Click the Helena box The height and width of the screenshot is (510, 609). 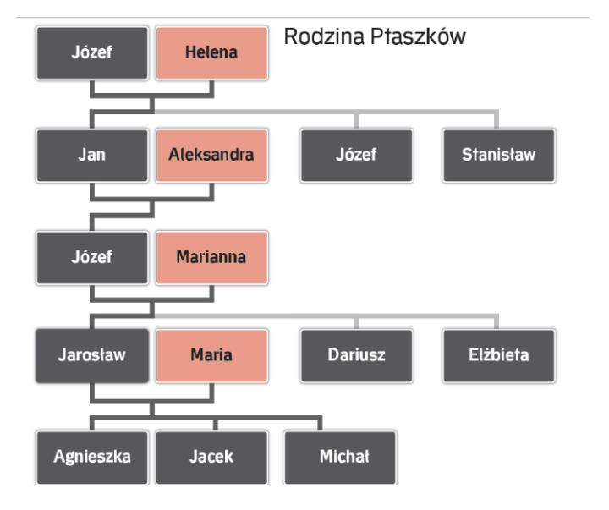(x=211, y=52)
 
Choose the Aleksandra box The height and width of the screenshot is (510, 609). (x=211, y=155)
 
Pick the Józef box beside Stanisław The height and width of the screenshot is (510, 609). (x=356, y=155)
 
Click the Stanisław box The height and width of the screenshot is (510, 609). (x=498, y=155)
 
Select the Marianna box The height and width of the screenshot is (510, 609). (x=211, y=257)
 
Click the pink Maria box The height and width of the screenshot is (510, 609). (x=211, y=355)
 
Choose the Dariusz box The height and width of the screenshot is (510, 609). (x=356, y=355)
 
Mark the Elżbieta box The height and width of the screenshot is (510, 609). (x=498, y=355)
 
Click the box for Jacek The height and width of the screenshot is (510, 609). (x=211, y=457)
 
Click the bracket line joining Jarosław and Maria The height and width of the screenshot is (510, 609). (x=152, y=398)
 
